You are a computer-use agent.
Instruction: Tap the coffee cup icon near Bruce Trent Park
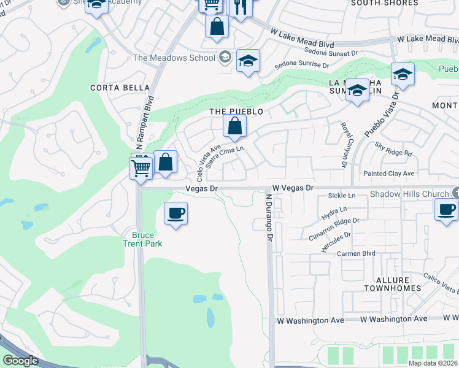(x=175, y=213)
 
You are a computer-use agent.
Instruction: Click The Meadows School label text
(x=174, y=58)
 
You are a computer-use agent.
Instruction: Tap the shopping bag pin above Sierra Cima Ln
(x=234, y=127)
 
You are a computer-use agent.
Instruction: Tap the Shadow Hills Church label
(x=410, y=194)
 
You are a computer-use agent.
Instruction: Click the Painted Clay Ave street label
(x=388, y=174)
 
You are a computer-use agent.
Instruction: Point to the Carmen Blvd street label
(x=355, y=253)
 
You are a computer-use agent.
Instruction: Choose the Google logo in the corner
(x=20, y=361)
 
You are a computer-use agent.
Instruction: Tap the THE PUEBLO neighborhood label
(x=236, y=112)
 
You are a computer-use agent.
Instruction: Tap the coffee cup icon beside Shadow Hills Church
(x=446, y=210)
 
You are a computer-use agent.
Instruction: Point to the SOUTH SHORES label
(x=384, y=3)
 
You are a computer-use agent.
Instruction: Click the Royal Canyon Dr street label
(x=344, y=145)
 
